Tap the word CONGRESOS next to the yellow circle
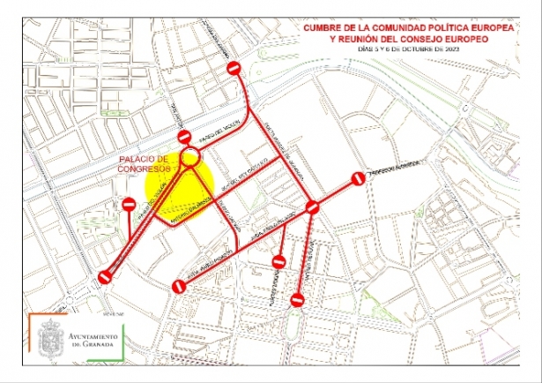(145, 169)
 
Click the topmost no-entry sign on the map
(234, 69)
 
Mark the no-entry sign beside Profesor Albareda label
(358, 178)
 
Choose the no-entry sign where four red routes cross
(312, 208)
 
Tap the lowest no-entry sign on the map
(299, 302)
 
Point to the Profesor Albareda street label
(395, 168)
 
